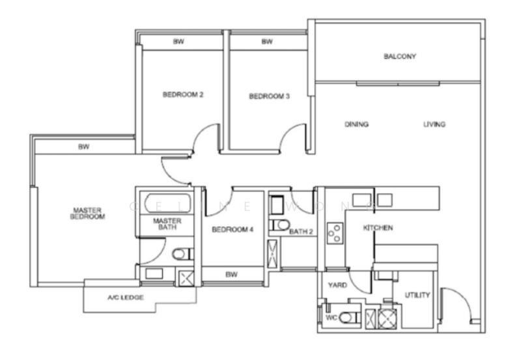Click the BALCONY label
click(400, 57)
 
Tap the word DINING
click(356, 124)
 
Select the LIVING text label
click(434, 124)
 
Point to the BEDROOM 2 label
click(183, 94)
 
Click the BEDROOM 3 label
click(269, 96)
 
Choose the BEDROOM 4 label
click(232, 230)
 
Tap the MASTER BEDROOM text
click(89, 214)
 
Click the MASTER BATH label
click(167, 225)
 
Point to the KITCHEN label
click(378, 228)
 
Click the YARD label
click(337, 285)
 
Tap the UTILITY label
click(417, 295)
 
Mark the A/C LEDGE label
click(126, 298)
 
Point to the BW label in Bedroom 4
click(231, 275)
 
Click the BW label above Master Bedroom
click(83, 147)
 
